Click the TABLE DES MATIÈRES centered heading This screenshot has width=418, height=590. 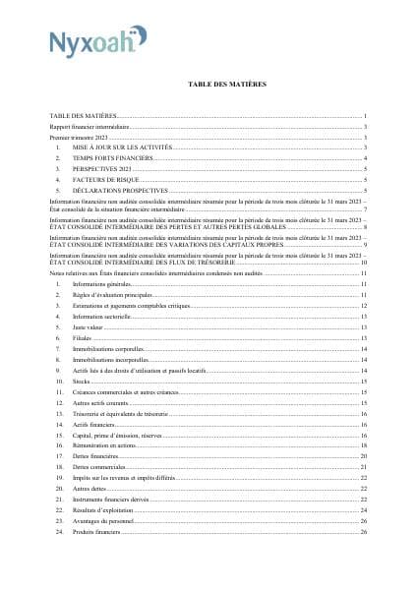pyautogui.click(x=227, y=86)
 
